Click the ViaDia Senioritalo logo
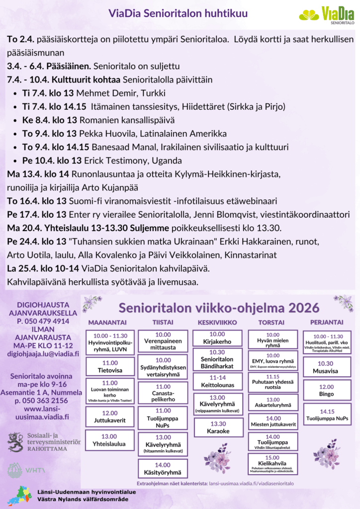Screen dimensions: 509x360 327,15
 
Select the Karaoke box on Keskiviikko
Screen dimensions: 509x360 218,427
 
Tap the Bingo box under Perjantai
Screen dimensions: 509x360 326,390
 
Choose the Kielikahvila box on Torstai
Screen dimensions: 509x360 272,464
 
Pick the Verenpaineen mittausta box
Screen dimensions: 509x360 163,340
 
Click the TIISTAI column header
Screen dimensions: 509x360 163,322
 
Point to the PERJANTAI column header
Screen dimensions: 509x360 327,322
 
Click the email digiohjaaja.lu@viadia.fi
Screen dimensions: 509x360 43,353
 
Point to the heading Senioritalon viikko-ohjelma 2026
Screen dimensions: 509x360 219,307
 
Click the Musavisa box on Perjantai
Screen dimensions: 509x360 326,367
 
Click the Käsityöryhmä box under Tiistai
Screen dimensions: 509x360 163,469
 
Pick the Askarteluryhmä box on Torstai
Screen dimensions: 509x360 273,403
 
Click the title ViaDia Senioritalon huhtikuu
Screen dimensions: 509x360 178,15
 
